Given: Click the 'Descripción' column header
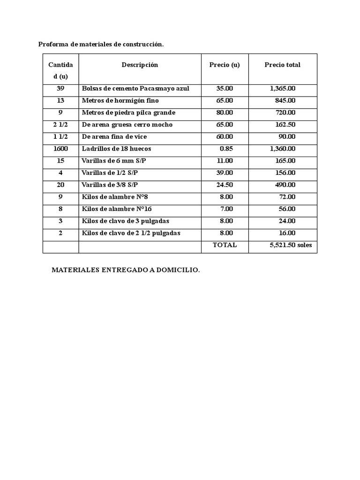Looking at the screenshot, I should tap(140, 65).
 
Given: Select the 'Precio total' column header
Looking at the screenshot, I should tap(282, 65).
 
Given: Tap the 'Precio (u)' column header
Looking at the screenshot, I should tap(224, 65).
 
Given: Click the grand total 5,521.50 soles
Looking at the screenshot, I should tap(291, 245).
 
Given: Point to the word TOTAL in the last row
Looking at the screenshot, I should tap(225, 245).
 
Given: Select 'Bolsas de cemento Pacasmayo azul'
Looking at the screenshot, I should tap(135, 89).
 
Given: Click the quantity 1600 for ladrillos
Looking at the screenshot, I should tap(60, 149).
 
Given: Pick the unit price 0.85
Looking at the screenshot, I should tap(226, 149).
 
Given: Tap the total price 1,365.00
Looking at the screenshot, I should tap(283, 89).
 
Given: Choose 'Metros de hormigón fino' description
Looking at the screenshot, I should tap(120, 100).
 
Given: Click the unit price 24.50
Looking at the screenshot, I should tap(225, 185).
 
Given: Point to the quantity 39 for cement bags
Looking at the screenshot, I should tap(60, 89).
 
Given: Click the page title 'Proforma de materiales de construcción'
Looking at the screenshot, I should tap(101, 45).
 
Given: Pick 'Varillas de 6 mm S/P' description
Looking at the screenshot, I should tap(112, 161).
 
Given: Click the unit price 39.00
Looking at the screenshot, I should tap(225, 173).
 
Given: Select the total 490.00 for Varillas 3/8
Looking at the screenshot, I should tap(285, 185).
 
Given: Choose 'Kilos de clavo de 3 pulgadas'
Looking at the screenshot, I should tap(125, 221).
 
